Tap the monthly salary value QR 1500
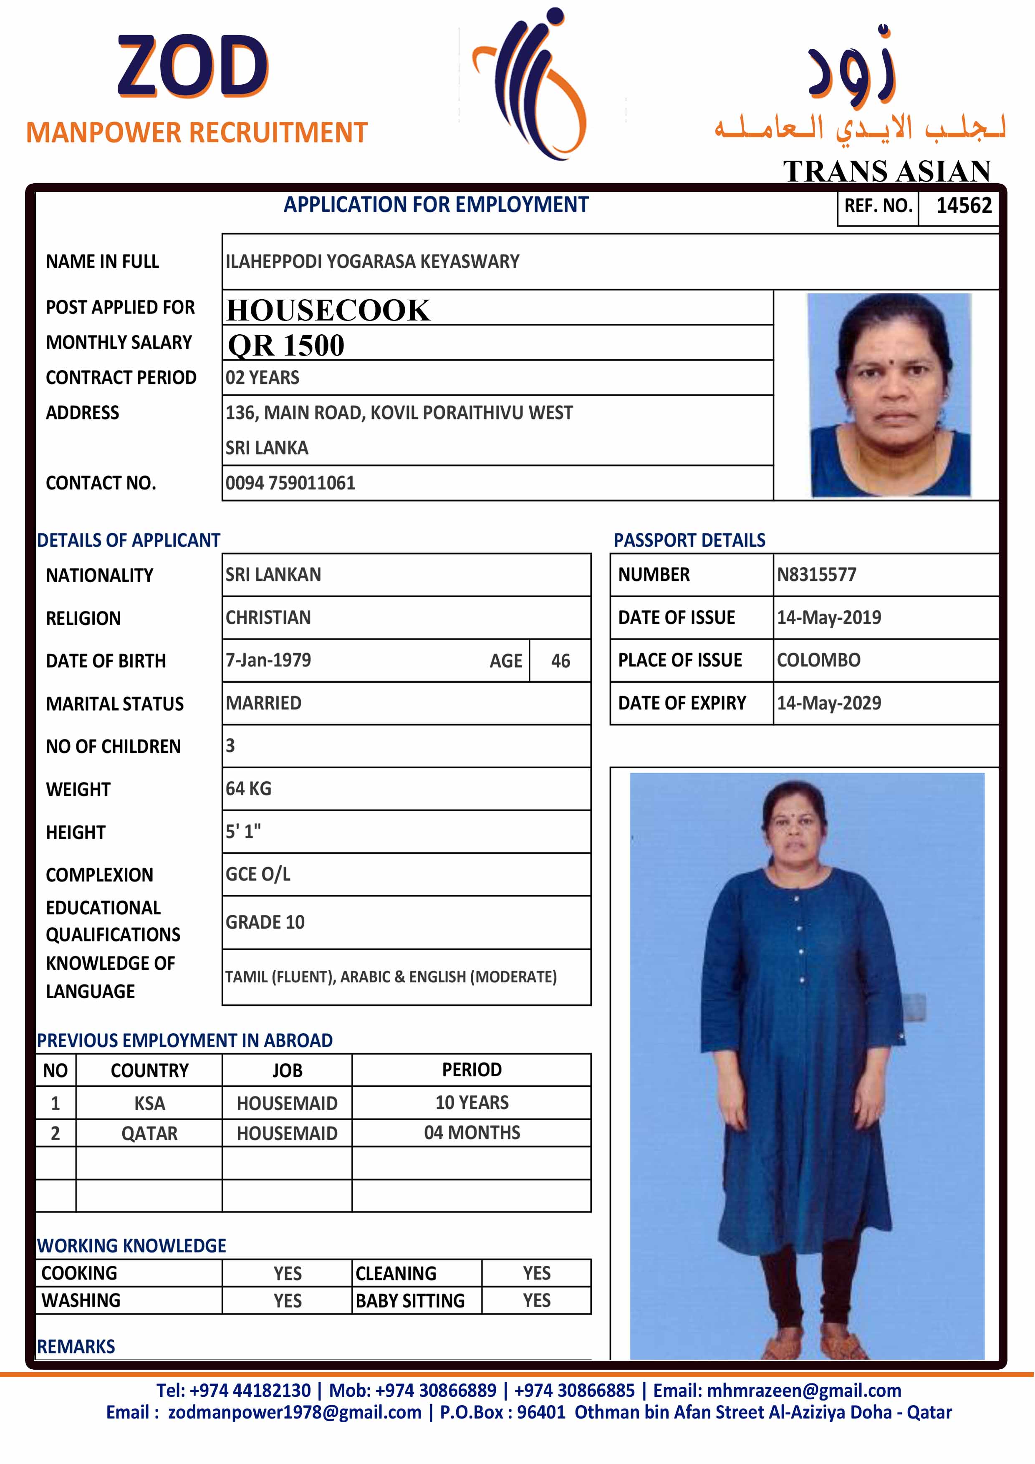[x=286, y=346]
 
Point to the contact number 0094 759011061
[x=290, y=483]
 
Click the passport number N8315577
[x=816, y=575]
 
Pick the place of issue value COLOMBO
[x=818, y=660]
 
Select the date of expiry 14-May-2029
[x=828, y=703]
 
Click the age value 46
[x=560, y=661]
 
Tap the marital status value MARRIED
[x=263, y=703]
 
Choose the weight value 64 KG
[x=248, y=789]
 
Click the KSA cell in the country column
[x=149, y=1103]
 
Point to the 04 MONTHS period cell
[x=472, y=1133]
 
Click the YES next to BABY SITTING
[x=536, y=1300]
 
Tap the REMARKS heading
[x=76, y=1346]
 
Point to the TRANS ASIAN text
[x=886, y=171]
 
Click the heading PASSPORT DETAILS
[x=689, y=540]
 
